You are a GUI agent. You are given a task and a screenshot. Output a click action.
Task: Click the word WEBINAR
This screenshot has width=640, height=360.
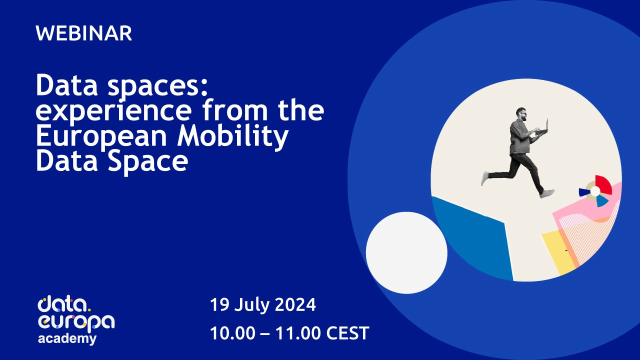pyautogui.click(x=83, y=33)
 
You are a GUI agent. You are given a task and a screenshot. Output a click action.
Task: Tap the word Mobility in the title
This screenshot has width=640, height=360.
pyautogui.click(x=232, y=136)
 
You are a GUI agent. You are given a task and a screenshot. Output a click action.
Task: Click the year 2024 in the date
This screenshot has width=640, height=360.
pyautogui.click(x=295, y=304)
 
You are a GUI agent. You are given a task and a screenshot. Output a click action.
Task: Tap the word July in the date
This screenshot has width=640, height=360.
pyautogui.click(x=251, y=305)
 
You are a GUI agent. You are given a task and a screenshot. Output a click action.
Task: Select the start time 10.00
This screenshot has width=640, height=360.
pyautogui.click(x=232, y=333)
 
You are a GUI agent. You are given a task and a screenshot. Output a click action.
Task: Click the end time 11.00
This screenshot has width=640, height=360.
pyautogui.click(x=298, y=333)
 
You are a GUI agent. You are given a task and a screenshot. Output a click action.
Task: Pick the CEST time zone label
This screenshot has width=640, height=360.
pyautogui.click(x=347, y=333)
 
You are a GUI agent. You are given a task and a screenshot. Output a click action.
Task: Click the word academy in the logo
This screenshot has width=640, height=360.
pyautogui.click(x=67, y=339)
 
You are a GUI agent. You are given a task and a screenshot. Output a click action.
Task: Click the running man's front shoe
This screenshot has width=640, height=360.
pyautogui.click(x=547, y=193)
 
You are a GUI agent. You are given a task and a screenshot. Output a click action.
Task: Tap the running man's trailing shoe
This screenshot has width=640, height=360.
pyautogui.click(x=485, y=178)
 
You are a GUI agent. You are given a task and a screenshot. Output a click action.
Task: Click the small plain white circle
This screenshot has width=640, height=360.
pyautogui.click(x=406, y=252)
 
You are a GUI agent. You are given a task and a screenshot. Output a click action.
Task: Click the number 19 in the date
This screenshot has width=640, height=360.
pyautogui.click(x=219, y=304)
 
